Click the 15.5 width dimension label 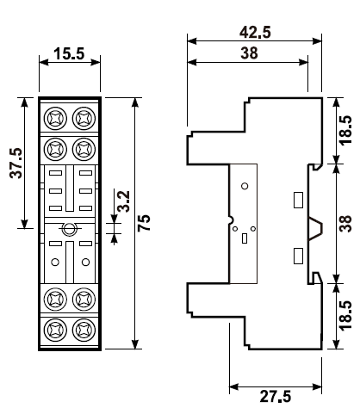[x=69, y=53]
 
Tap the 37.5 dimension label [x=16, y=163]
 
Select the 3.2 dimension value [x=124, y=201]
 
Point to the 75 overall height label [x=144, y=223]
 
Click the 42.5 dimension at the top [x=255, y=32]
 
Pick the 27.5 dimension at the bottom [x=276, y=396]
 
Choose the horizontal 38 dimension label [x=249, y=53]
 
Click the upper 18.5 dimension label [x=345, y=131]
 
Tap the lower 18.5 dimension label [x=345, y=316]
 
